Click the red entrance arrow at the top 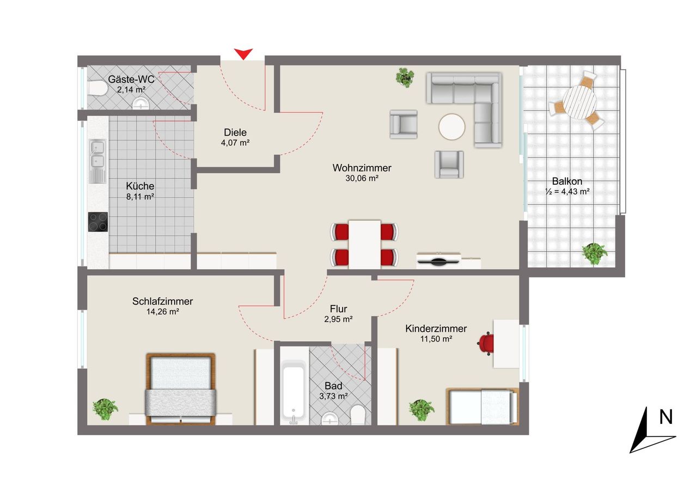point(243,53)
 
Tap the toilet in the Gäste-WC point(97,88)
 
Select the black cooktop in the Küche point(98,222)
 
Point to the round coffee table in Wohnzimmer point(452,127)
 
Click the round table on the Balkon point(580,102)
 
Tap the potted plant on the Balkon point(595,254)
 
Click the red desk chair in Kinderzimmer point(485,343)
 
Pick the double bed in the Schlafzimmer point(181,389)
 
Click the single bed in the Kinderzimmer point(482,406)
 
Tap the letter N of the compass point(665,417)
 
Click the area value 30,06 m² point(362,178)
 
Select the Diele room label point(235,132)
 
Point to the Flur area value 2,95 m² point(338,319)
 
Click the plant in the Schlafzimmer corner point(105,409)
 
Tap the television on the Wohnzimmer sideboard point(439,261)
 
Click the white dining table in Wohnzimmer point(364,245)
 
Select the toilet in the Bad point(358,415)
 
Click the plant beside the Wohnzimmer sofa point(405,77)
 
